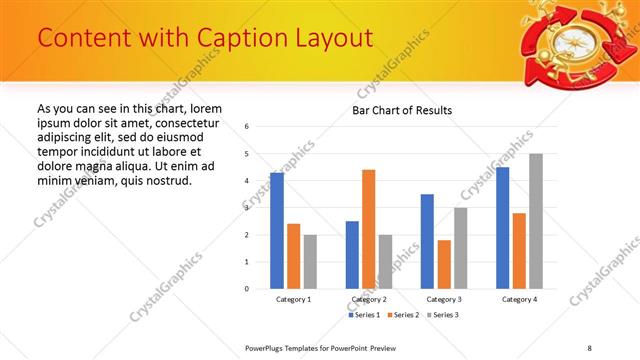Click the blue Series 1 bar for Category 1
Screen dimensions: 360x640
coord(277,231)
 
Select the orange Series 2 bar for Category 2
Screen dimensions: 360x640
coord(369,229)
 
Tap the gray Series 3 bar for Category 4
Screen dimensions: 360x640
coord(536,221)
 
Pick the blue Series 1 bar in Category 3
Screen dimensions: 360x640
coord(427,241)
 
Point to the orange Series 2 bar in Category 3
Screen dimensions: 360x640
coord(444,264)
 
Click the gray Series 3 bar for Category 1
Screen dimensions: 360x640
coord(310,262)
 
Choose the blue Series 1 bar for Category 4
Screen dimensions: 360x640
coord(502,228)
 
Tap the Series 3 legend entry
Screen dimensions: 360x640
coord(442,315)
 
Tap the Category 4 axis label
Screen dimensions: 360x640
coord(519,299)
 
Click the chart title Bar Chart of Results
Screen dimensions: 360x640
coord(402,110)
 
